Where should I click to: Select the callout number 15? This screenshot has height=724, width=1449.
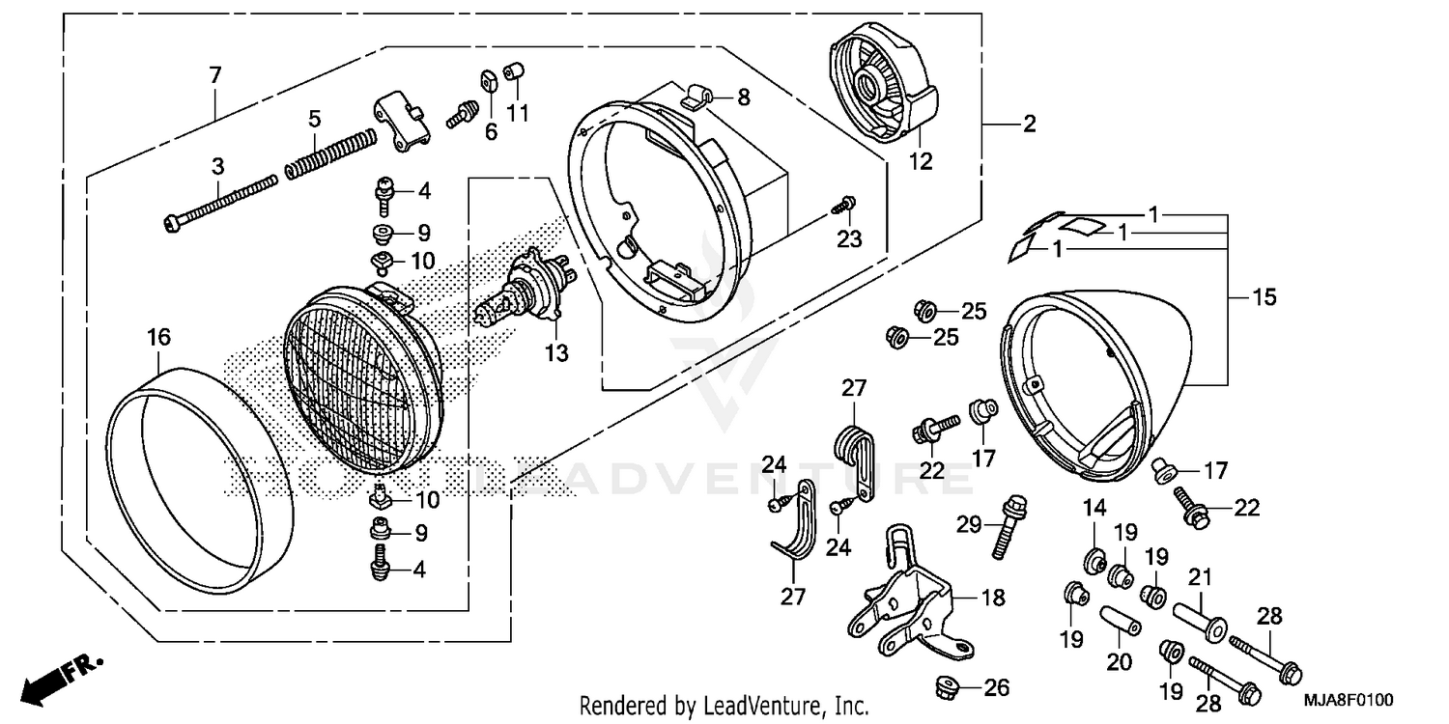[1264, 297]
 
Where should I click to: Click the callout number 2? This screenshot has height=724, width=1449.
[1029, 124]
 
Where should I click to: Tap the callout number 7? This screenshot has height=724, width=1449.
[214, 74]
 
